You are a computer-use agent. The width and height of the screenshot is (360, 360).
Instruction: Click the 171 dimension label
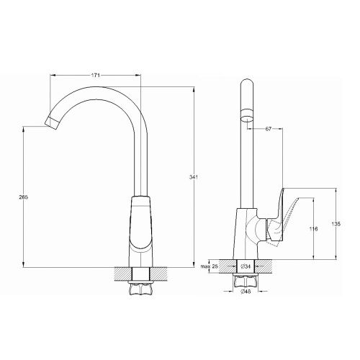tap(96, 75)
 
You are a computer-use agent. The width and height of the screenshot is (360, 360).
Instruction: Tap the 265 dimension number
tap(24, 197)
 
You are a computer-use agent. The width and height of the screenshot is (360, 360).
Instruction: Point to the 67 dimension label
tap(268, 129)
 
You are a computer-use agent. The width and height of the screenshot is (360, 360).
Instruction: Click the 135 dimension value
tap(336, 224)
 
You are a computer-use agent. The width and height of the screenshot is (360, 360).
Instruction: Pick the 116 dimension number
tap(313, 229)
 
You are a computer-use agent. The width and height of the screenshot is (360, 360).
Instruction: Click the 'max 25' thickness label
tap(209, 266)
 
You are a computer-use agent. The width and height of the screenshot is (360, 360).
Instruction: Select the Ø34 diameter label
tap(246, 266)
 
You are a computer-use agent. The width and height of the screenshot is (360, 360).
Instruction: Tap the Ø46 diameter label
tap(246, 292)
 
